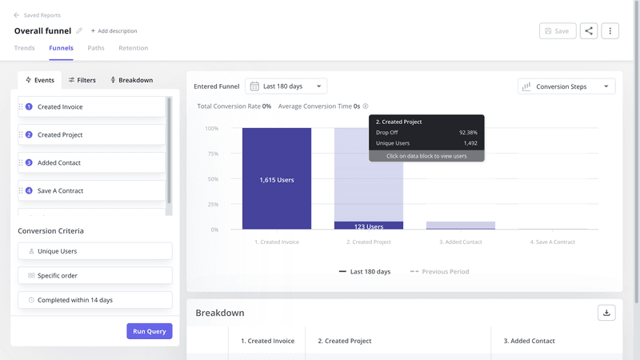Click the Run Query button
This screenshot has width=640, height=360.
[x=149, y=331]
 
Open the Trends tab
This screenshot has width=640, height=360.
[x=25, y=48]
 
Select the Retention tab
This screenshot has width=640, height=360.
[x=133, y=48]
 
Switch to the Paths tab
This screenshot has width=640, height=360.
[x=96, y=48]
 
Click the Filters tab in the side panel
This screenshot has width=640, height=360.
[x=82, y=80]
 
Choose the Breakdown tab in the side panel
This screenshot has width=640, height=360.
[x=131, y=80]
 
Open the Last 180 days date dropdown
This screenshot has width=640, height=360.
[x=286, y=86]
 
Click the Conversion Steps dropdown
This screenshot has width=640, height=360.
[x=566, y=86]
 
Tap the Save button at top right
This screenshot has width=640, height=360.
[x=557, y=31]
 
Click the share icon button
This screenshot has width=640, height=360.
[x=589, y=31]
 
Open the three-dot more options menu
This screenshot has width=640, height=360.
[x=610, y=31]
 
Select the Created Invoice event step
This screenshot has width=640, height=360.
[x=91, y=107]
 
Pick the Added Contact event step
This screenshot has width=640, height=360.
[x=91, y=163]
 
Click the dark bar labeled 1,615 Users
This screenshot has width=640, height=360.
[x=277, y=179]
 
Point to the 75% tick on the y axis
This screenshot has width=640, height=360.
[x=212, y=154]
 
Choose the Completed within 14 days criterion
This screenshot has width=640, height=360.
[x=94, y=300]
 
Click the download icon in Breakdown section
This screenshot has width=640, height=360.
[x=606, y=313]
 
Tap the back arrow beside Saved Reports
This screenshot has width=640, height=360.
[x=17, y=15]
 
